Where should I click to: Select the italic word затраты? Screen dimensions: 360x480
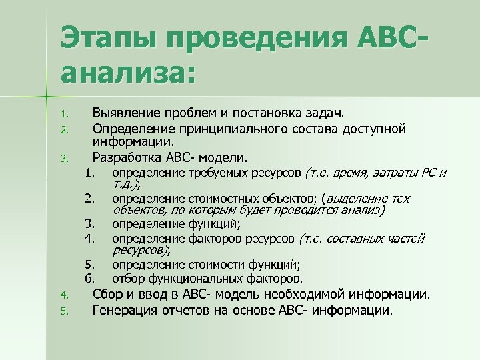click(x=395, y=174)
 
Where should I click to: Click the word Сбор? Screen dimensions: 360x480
click(x=107, y=294)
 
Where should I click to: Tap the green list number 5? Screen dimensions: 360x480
click(x=64, y=311)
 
